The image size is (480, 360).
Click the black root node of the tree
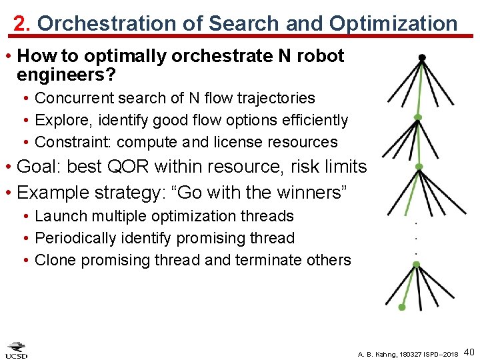(421, 57)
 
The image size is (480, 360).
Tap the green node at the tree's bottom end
(401, 307)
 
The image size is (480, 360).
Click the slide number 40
(469, 351)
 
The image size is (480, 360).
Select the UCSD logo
(17, 350)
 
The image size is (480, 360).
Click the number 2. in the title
(23, 24)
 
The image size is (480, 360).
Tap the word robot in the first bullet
(320, 56)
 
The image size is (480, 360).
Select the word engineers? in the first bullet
(67, 75)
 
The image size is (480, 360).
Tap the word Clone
(55, 260)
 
